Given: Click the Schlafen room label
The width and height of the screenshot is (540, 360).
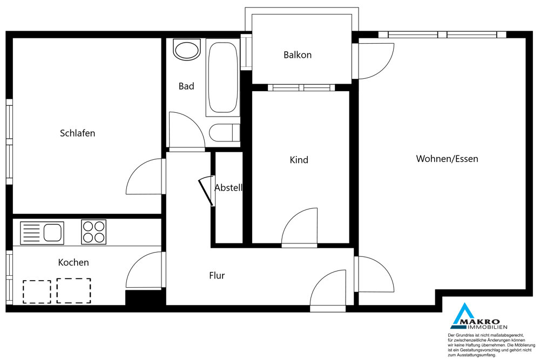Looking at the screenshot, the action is [77, 133].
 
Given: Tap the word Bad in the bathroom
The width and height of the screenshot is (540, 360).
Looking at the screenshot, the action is [186, 86].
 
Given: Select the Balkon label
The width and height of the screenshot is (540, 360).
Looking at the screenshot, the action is [298, 55].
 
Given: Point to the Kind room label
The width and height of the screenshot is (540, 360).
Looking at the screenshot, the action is [299, 160].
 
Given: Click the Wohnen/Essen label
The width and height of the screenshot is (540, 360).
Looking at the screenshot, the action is [447, 159].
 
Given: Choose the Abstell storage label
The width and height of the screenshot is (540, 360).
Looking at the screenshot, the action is [228, 188].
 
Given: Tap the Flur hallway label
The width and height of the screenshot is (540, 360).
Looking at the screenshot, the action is [217, 275].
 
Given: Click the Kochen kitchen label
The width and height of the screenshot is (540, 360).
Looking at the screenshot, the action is [73, 262].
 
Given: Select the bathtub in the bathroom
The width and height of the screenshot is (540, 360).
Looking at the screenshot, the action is [222, 77].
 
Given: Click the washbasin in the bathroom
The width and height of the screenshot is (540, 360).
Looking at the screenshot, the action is [187, 50].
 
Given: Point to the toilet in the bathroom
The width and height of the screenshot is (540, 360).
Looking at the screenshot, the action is [224, 133].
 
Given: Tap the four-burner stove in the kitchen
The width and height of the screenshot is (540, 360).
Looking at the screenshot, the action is [93, 232].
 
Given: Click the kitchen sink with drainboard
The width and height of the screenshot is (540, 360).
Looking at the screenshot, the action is [42, 233].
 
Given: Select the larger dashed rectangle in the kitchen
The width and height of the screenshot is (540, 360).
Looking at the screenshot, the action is [73, 291].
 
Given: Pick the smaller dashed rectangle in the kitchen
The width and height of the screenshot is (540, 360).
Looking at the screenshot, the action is [37, 292].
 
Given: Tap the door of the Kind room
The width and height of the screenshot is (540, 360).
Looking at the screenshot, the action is [299, 227].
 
